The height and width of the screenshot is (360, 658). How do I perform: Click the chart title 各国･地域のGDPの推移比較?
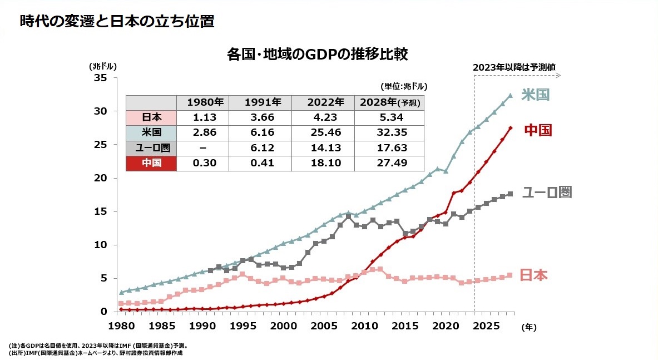pos(318,55)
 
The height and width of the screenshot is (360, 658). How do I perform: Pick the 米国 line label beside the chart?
pos(535,95)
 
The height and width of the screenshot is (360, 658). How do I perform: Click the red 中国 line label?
pos(538,130)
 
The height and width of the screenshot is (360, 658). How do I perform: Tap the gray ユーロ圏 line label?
pos(547,193)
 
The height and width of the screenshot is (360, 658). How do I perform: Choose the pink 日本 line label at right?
pos(533,275)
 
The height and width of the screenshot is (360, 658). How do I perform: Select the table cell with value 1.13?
pos(204,118)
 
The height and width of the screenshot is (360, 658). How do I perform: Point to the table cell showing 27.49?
pos(391,163)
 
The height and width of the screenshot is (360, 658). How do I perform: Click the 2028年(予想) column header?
pos(390,102)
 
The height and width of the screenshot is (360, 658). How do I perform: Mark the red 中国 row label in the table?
pos(151,163)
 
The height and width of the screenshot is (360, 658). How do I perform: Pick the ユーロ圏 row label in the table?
pos(151,148)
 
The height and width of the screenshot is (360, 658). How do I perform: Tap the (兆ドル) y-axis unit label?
pos(103,66)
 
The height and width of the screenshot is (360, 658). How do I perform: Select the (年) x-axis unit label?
pos(528,328)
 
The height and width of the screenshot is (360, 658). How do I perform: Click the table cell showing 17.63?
pos(391,148)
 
